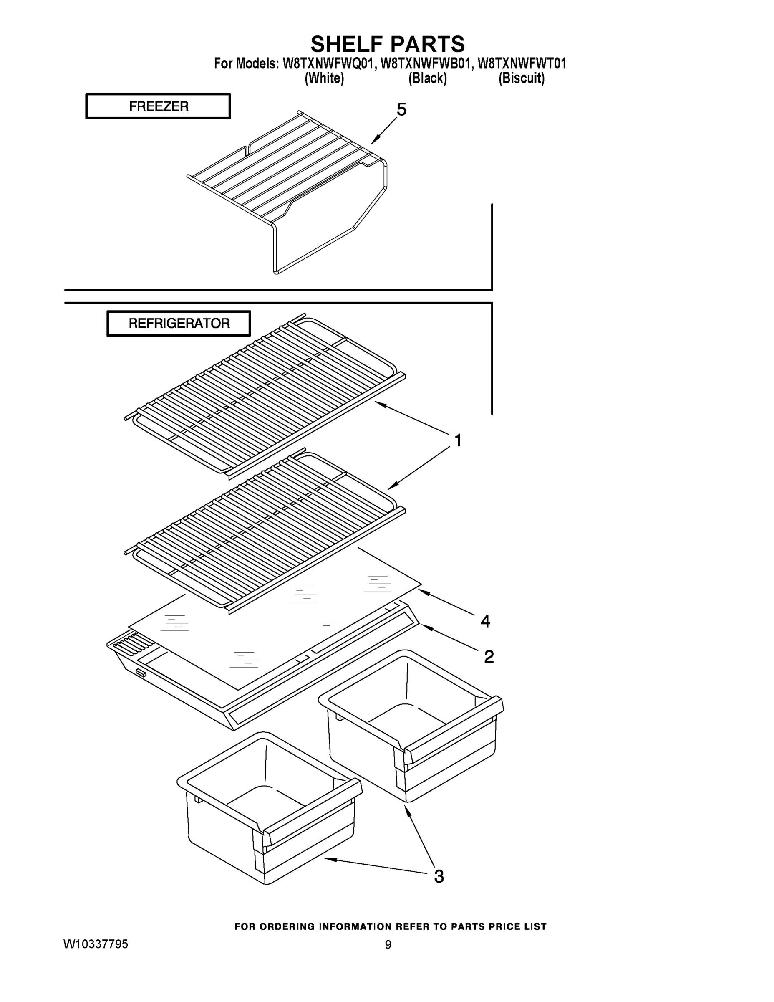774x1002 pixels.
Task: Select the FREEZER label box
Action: click(158, 106)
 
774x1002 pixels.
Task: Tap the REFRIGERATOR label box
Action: click(179, 324)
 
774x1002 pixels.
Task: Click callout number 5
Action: click(401, 110)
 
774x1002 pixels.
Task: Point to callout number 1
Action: click(458, 440)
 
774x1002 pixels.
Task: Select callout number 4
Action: click(485, 621)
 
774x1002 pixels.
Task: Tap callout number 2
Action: click(489, 657)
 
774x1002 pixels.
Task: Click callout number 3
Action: click(439, 877)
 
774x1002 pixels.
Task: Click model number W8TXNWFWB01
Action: click(426, 63)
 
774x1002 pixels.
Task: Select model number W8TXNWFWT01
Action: click(522, 63)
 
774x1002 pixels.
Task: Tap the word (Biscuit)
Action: click(521, 78)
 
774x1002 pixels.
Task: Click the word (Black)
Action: click(427, 78)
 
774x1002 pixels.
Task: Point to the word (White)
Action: click(324, 78)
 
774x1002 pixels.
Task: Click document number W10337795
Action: click(96, 944)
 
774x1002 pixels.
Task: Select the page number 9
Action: click(388, 945)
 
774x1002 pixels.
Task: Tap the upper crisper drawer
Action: click(411, 729)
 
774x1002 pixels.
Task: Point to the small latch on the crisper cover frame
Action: click(141, 674)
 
